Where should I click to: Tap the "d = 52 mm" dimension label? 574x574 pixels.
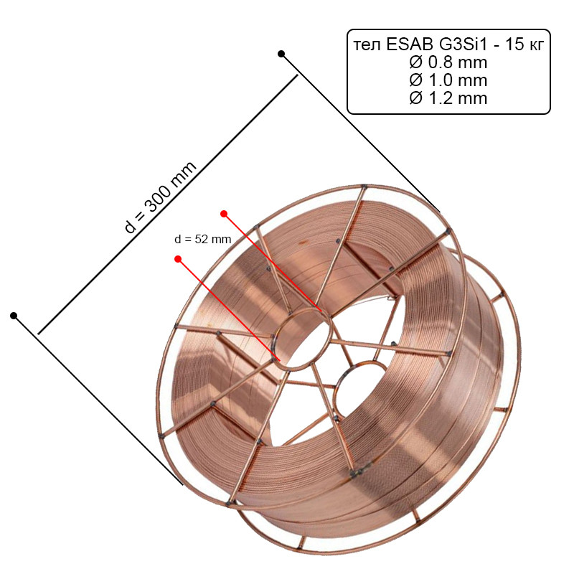(203, 240)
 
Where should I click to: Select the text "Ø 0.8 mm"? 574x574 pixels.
(448, 62)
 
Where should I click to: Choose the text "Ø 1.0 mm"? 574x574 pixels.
(448, 80)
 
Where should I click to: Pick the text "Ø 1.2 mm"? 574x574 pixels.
(448, 98)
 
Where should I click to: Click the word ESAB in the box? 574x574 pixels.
(409, 44)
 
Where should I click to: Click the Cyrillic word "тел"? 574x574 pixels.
(367, 46)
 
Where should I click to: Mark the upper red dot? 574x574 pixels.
(224, 214)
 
